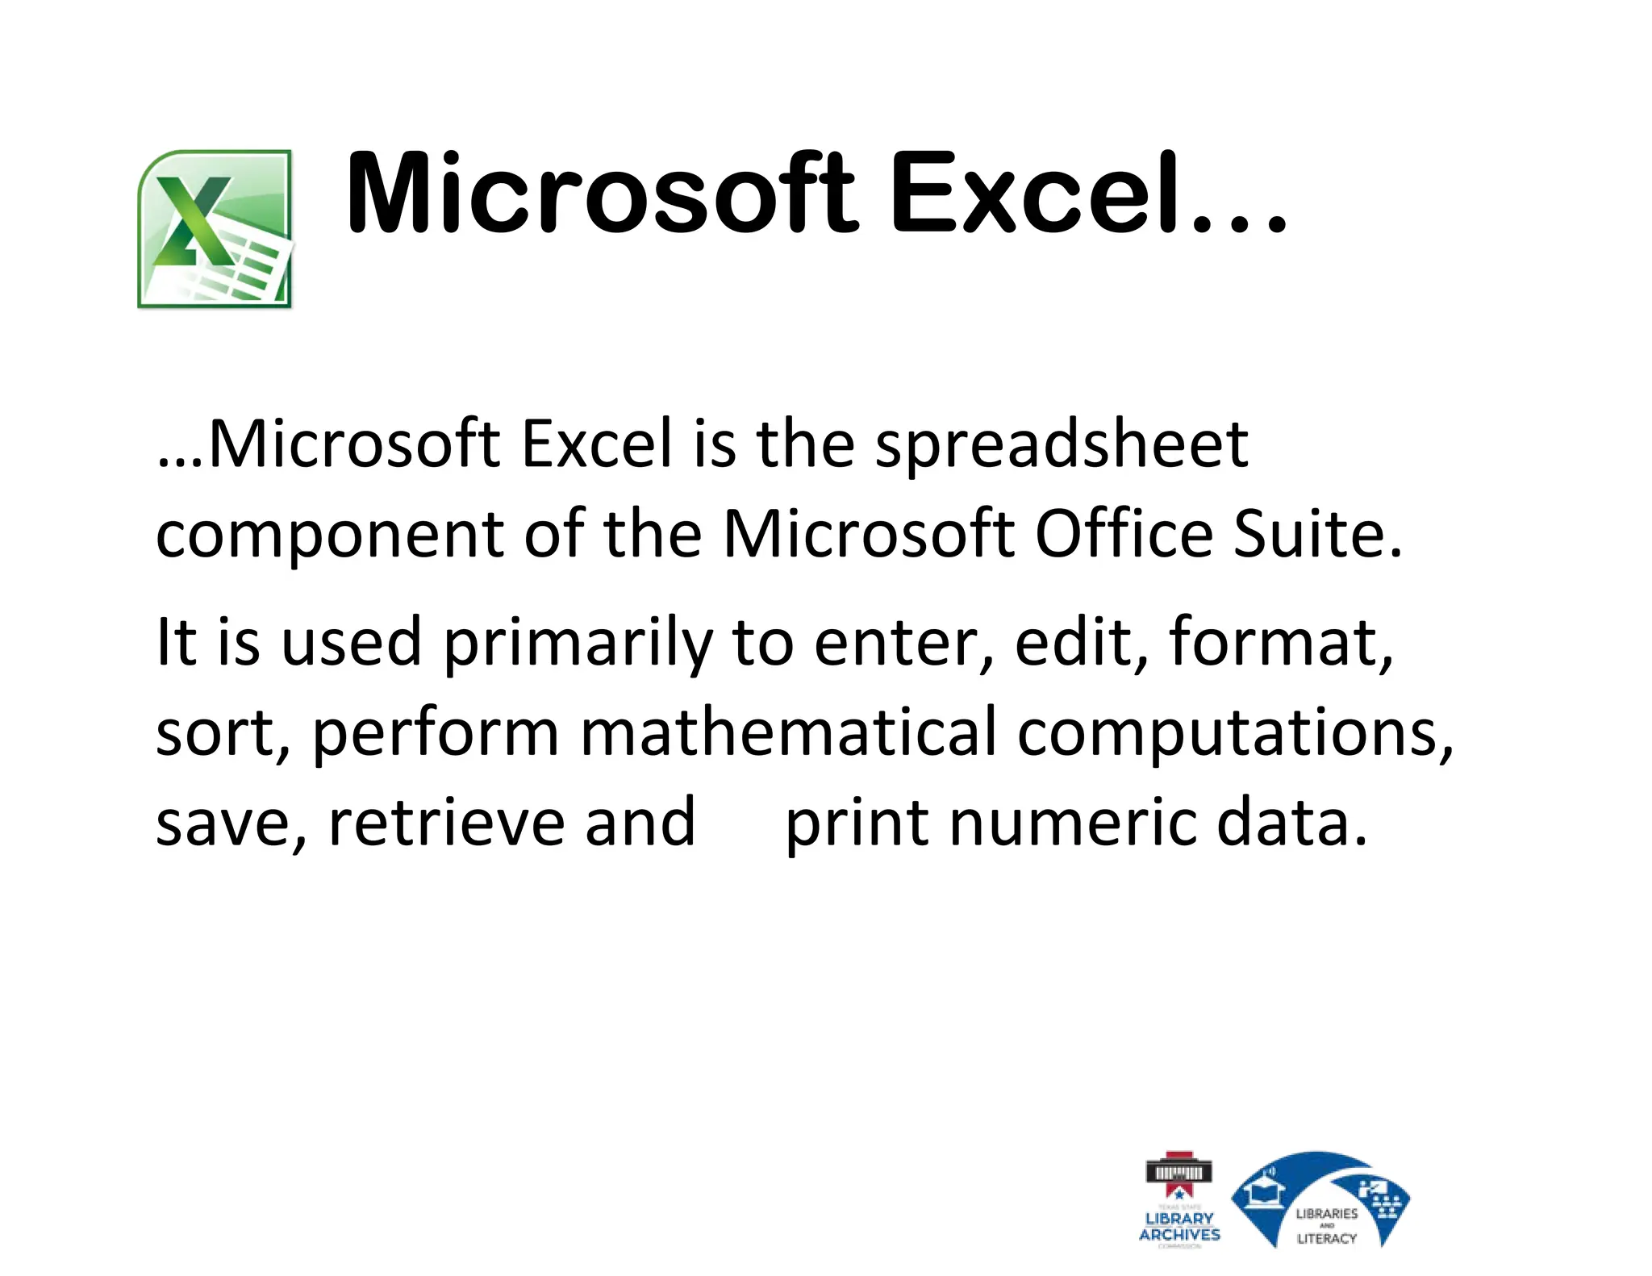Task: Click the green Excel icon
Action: pos(215,228)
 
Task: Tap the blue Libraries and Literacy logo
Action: pos(1320,1199)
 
